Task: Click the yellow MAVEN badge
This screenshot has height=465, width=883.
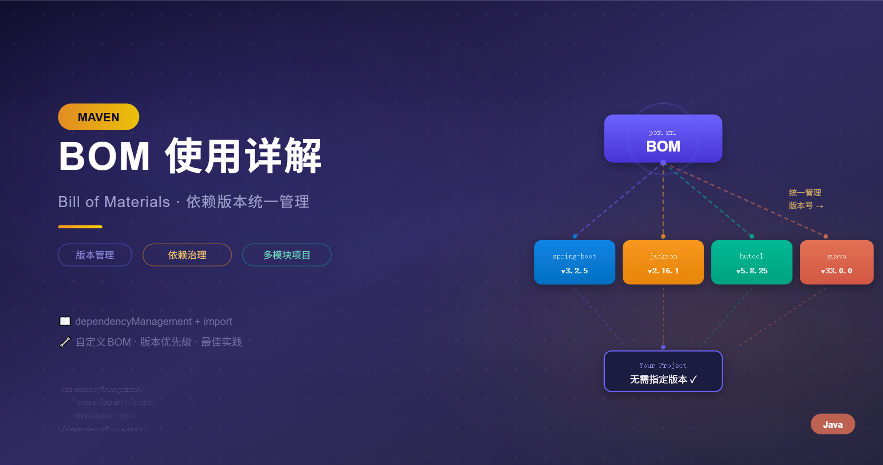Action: (x=98, y=117)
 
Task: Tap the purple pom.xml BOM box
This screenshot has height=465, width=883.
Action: (x=663, y=139)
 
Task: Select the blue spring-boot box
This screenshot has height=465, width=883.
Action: (x=574, y=262)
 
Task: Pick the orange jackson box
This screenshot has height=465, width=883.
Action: (x=663, y=262)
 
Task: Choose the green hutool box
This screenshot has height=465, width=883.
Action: (x=751, y=262)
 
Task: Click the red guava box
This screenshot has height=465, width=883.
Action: (x=836, y=262)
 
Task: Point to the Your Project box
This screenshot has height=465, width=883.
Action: (x=663, y=371)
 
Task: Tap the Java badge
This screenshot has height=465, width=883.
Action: (x=833, y=424)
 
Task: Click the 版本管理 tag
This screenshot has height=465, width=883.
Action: (x=95, y=255)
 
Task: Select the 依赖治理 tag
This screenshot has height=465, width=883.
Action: (x=187, y=255)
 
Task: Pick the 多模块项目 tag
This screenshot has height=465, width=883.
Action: (x=287, y=255)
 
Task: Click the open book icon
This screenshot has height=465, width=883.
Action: (x=65, y=321)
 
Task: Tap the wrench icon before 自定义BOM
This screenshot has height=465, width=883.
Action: (x=65, y=342)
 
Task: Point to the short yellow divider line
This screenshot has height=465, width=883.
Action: (x=80, y=227)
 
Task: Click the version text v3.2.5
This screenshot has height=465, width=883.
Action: (x=574, y=271)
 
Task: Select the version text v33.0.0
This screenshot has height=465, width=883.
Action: (x=836, y=271)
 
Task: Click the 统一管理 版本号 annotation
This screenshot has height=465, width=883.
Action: (x=805, y=199)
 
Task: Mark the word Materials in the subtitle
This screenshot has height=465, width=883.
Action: (x=137, y=202)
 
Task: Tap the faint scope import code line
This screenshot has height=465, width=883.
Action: (x=114, y=403)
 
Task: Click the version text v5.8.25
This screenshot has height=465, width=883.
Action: (x=751, y=271)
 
